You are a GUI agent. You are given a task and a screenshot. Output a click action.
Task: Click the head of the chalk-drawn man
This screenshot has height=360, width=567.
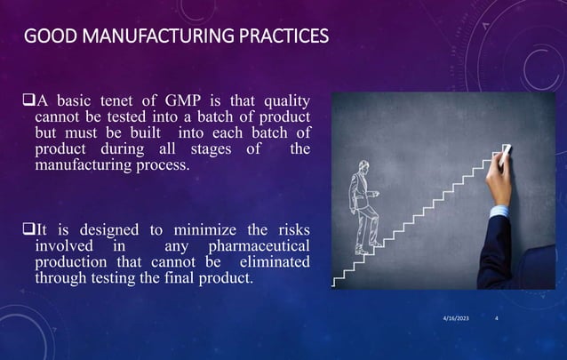click(x=362, y=167)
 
